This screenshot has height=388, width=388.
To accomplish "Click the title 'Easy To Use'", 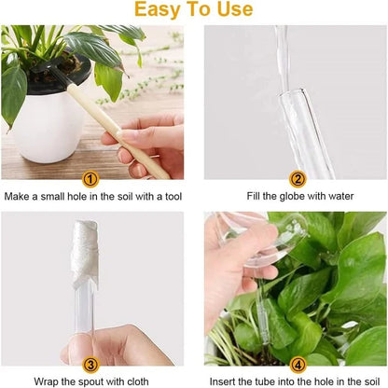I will (x=194, y=10).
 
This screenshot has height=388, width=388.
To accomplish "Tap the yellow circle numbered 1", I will (x=90, y=179).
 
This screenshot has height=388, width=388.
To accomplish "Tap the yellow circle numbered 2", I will (x=298, y=179).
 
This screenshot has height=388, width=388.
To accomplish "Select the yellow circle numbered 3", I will (x=90, y=366).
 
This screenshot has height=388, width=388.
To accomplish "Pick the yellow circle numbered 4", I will (x=298, y=366).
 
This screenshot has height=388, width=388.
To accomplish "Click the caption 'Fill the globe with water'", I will (x=297, y=197).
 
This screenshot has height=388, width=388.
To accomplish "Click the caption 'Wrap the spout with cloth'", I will (x=90, y=381).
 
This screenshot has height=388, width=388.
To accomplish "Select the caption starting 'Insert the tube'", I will (x=297, y=381).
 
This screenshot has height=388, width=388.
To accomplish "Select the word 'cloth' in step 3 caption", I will (x=140, y=381).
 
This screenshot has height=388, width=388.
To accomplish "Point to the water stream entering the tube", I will (x=281, y=47).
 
